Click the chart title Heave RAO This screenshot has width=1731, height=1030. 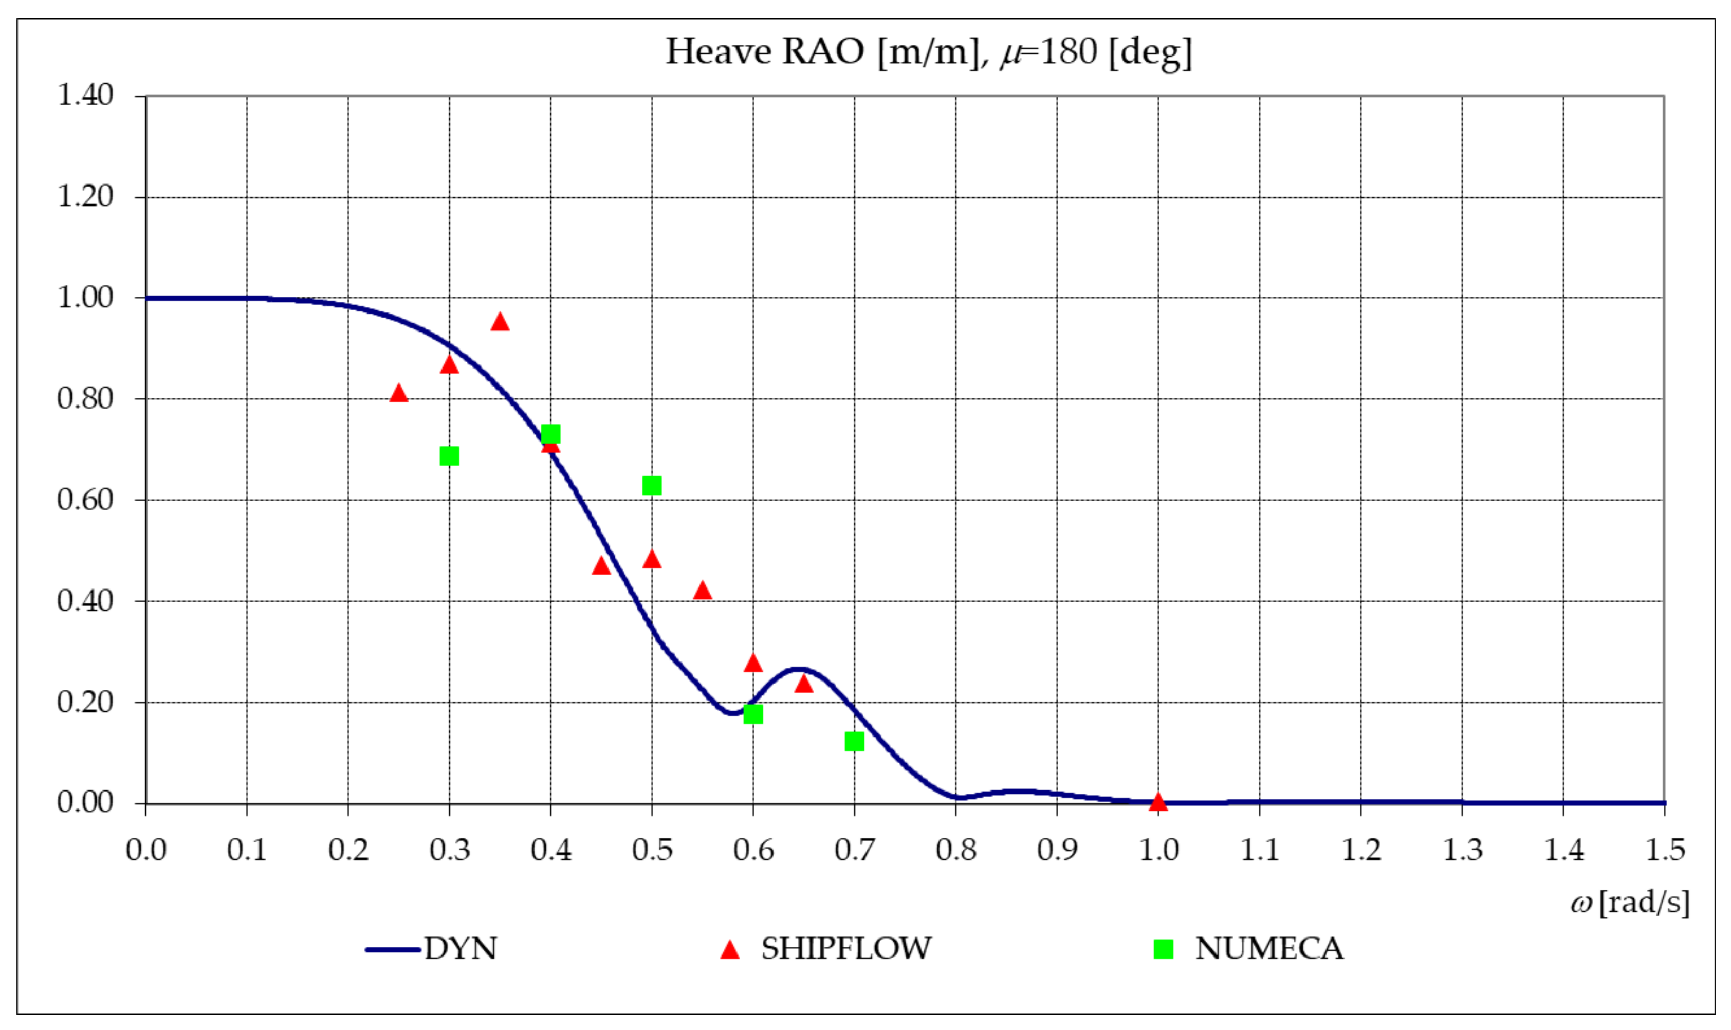pos(928,52)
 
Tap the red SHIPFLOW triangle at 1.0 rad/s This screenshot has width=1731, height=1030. pos(1158,802)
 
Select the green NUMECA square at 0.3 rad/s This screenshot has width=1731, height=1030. pos(449,456)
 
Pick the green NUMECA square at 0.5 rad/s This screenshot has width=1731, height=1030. pos(652,486)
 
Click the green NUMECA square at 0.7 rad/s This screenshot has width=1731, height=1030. pos(854,741)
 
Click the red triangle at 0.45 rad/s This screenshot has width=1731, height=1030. pos(601,566)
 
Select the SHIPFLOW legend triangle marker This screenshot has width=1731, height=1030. pos(729,949)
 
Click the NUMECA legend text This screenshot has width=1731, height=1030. pos(1269,949)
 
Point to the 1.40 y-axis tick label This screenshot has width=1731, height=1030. pos(85,95)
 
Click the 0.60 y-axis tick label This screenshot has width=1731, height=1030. pos(85,500)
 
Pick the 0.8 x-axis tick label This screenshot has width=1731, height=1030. pos(956,850)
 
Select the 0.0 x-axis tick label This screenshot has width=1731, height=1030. pos(146,850)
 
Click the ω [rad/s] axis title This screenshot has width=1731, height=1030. pos(1630,903)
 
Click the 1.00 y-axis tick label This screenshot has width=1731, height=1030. pos(85,298)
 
